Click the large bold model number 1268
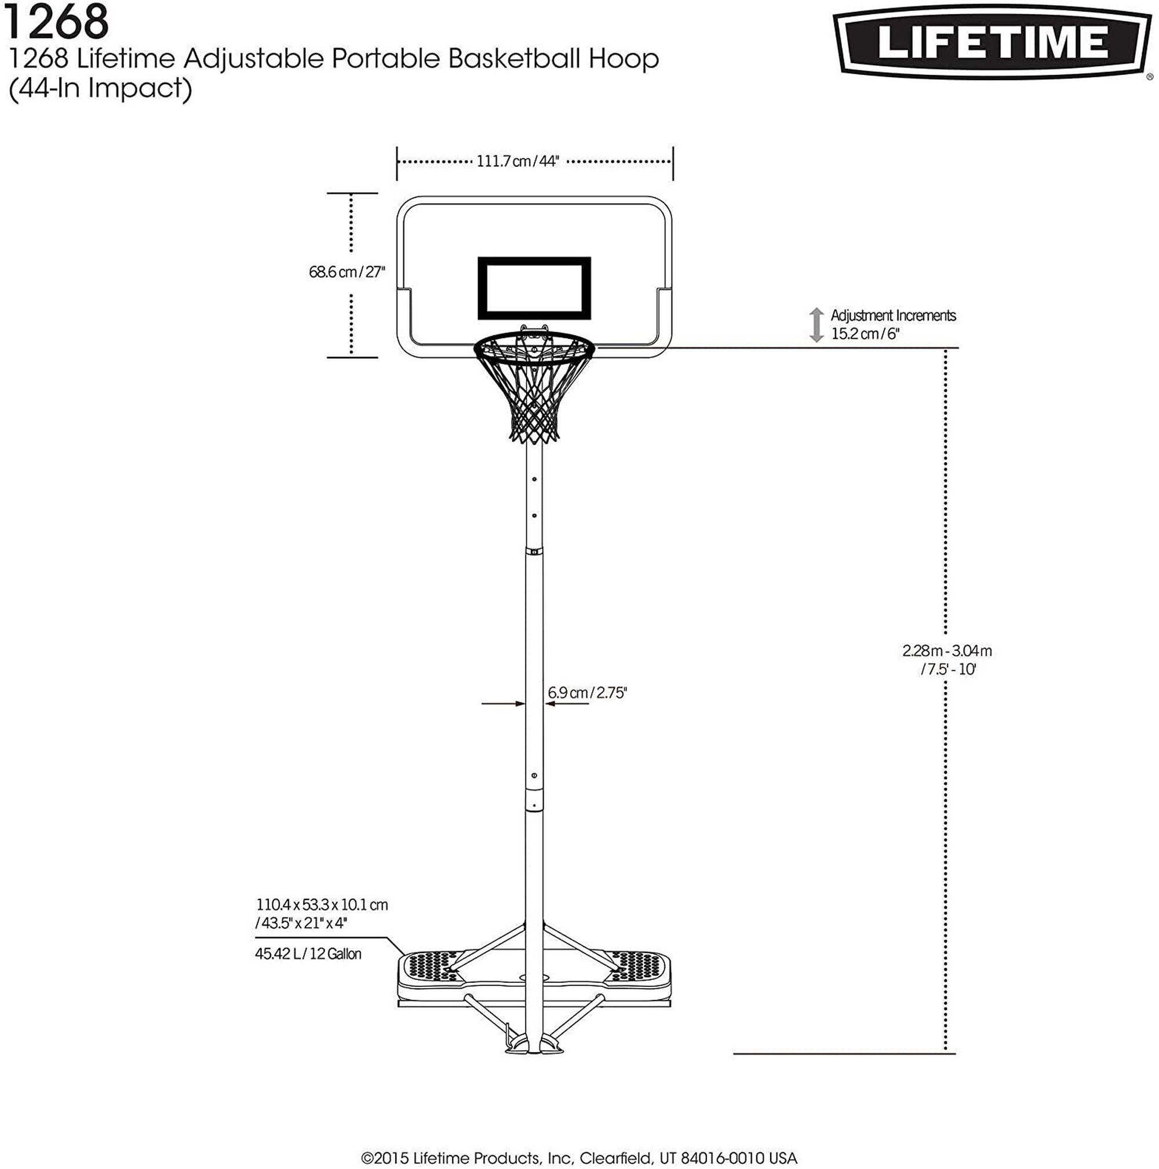pos(59,23)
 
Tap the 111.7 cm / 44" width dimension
pos(518,162)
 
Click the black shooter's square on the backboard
pos(534,288)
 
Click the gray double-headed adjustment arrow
pos(817,325)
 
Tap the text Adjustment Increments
pos(894,315)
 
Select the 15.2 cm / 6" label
pos(866,333)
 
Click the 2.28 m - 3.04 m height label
pos(947,651)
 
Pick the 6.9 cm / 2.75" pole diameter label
pos(588,693)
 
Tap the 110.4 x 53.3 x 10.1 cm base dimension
pos(322,905)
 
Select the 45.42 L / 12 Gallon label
pos(308,953)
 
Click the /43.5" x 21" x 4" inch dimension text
pos(301,923)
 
